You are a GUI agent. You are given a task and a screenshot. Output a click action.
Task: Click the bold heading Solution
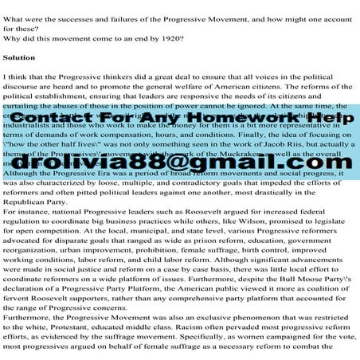(19, 58)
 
